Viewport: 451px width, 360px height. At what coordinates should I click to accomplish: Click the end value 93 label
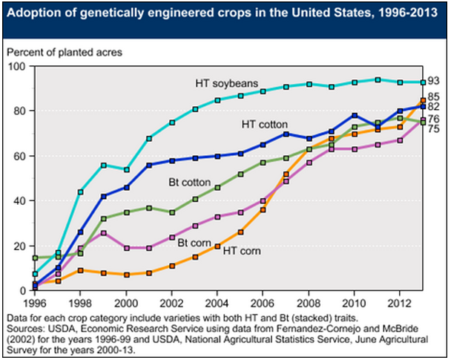(433, 82)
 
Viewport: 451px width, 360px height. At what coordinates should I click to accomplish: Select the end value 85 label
(433, 96)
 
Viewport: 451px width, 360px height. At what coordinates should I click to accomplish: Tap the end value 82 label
(433, 107)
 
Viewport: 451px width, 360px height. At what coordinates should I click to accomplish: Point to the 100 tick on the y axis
(16, 66)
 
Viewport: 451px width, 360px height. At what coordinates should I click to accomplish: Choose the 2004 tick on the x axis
(219, 304)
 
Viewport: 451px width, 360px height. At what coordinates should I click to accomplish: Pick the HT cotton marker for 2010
(355, 115)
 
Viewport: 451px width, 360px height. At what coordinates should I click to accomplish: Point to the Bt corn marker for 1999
(103, 233)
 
